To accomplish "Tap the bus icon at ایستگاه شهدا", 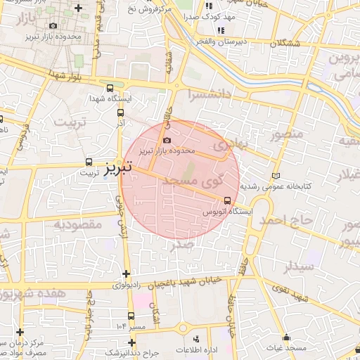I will (x=109, y=88).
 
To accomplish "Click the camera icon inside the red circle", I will (x=167, y=141).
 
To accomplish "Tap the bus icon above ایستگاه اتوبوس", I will (x=226, y=200).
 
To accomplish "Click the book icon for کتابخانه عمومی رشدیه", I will (x=275, y=176).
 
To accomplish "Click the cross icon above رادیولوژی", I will (x=126, y=274).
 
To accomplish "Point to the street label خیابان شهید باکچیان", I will (x=186, y=281).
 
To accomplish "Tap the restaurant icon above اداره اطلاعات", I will (x=195, y=339).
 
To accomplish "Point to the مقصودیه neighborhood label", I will (x=78, y=225).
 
